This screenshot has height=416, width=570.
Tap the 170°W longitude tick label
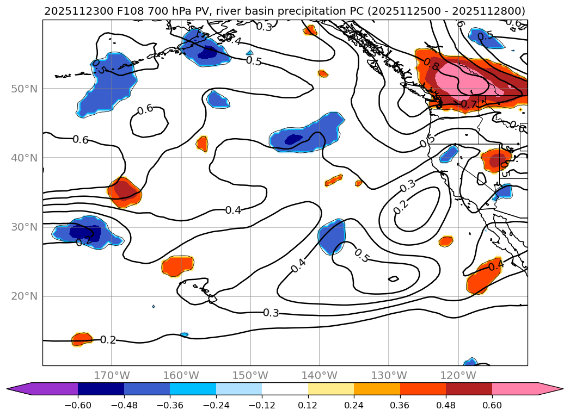click(x=112, y=375)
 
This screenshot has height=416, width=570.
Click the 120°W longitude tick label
click(x=458, y=375)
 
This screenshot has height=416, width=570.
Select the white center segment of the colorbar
click(x=285, y=389)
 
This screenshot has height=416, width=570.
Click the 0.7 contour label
click(x=469, y=103)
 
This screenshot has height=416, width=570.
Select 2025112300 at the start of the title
click(x=69, y=11)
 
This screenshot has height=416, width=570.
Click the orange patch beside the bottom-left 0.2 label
click(x=82, y=339)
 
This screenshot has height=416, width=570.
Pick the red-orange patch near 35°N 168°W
click(x=124, y=192)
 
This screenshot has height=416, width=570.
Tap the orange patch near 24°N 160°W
click(x=178, y=265)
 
